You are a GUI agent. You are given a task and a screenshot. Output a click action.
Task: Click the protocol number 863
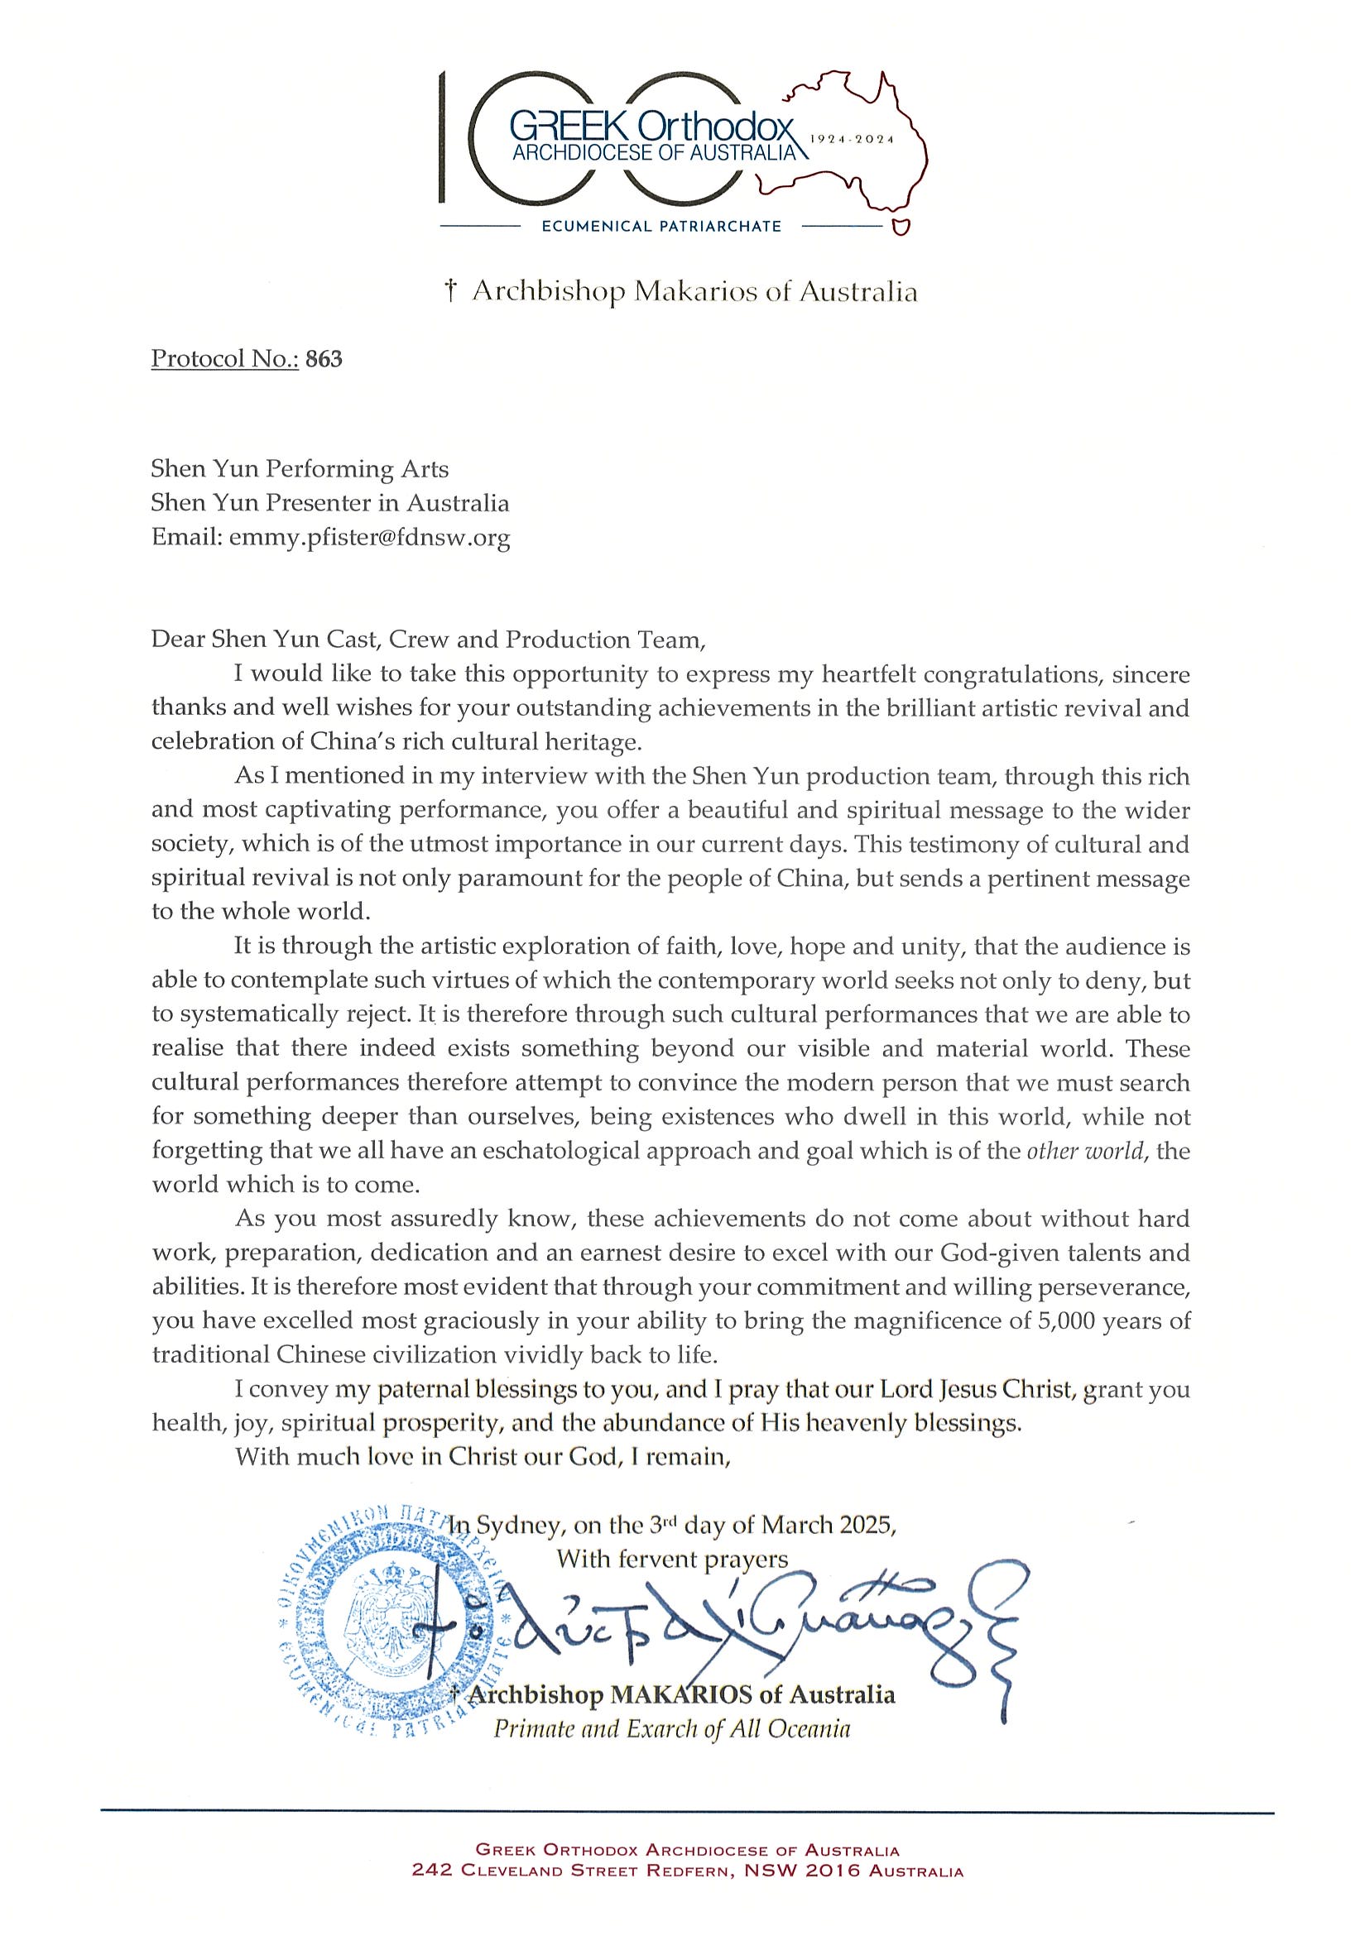click(324, 359)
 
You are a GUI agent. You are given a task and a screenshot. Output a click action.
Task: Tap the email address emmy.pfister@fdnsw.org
click(369, 537)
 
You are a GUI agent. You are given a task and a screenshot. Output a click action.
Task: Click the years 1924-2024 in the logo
click(851, 139)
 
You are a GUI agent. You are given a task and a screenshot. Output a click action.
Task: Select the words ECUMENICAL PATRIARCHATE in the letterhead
click(661, 226)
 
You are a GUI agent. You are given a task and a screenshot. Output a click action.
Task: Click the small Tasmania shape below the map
click(901, 226)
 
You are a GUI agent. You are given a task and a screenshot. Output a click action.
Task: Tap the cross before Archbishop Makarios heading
click(451, 292)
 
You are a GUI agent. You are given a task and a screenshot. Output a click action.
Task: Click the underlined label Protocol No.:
click(224, 359)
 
